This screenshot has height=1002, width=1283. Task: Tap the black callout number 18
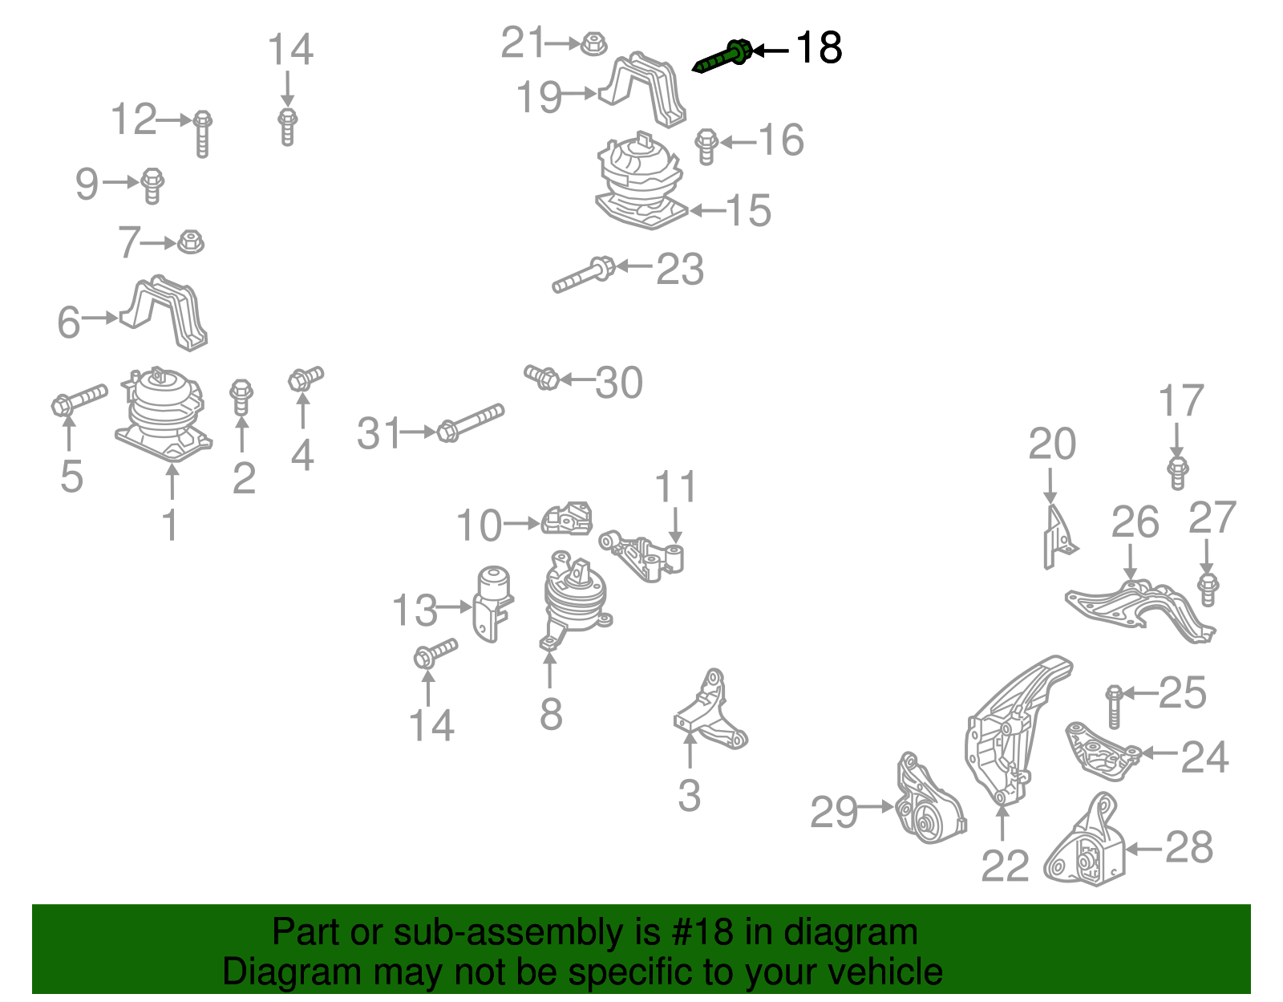(818, 48)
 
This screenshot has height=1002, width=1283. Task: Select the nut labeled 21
(592, 43)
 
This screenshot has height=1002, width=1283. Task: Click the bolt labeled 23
(584, 275)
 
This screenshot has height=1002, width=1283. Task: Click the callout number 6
(69, 322)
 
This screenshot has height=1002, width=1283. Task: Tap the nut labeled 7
(190, 241)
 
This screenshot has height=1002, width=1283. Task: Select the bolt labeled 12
(202, 133)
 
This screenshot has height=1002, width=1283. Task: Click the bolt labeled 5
(79, 399)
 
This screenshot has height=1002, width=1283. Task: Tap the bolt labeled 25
(1114, 706)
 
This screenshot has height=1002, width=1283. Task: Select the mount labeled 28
(1087, 846)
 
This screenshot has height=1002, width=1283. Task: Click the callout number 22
(1004, 866)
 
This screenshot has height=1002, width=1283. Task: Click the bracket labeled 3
(710, 714)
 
